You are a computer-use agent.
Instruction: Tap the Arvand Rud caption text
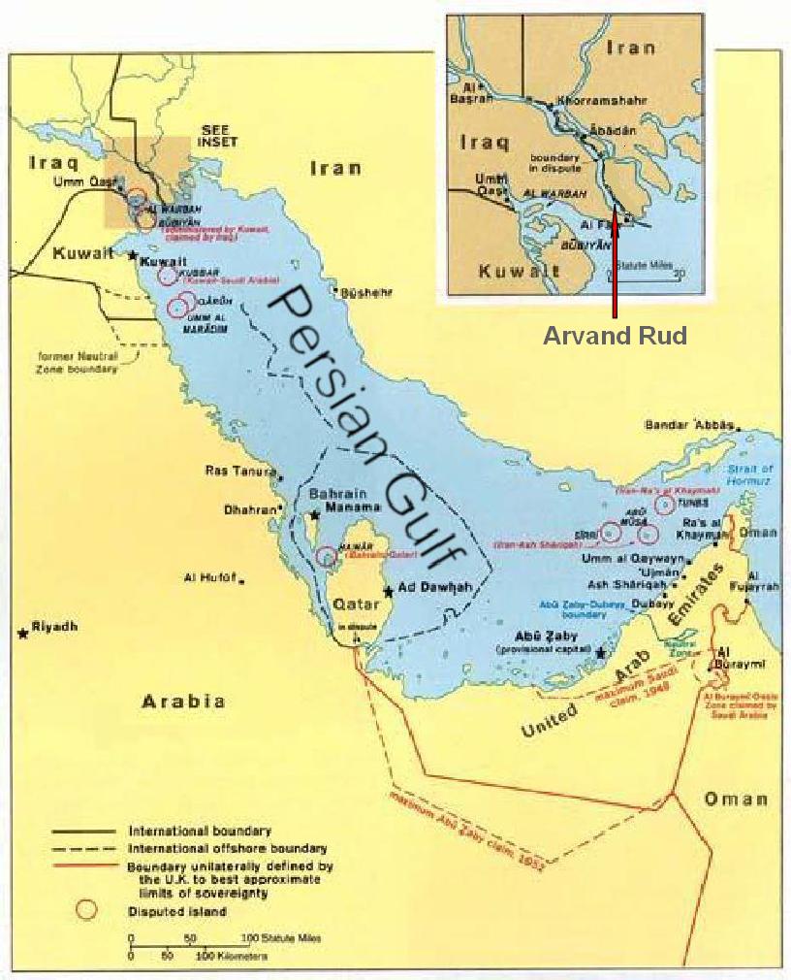tap(615, 336)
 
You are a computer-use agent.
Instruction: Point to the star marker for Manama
tap(314, 514)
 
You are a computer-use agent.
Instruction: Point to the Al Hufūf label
tap(210, 578)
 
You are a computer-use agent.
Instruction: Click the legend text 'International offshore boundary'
tap(228, 847)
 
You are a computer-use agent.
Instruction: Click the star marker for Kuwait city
tap(133, 255)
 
